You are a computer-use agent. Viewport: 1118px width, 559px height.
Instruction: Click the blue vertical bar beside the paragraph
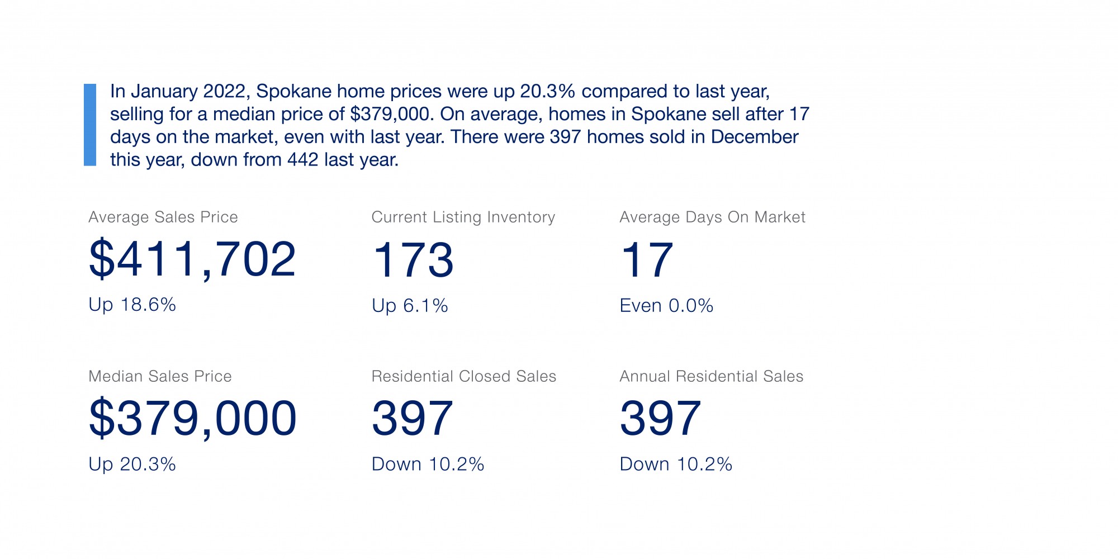pos(90,125)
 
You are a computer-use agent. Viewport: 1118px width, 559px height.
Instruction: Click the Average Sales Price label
pos(163,217)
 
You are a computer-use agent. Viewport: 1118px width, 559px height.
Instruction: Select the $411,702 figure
pos(192,259)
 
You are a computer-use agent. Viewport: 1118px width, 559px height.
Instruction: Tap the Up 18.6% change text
pos(132,305)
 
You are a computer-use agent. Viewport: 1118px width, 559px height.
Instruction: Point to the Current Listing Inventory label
pos(463,217)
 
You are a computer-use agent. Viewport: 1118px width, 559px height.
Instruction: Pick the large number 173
pos(413,260)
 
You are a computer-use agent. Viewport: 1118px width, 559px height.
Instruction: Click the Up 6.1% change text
pos(410,306)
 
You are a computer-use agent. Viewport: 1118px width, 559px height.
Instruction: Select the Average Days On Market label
pos(712,217)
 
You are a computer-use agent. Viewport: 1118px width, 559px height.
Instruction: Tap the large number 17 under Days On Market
pos(647,260)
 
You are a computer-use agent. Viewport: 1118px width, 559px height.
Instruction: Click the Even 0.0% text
pos(666,306)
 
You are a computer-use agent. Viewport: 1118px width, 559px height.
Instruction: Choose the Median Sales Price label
pos(160,376)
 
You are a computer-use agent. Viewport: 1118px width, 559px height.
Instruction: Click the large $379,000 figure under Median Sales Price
pos(192,418)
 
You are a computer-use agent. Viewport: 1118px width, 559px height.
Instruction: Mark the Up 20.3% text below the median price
pos(132,464)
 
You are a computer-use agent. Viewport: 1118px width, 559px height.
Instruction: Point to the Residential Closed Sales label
pos(464,376)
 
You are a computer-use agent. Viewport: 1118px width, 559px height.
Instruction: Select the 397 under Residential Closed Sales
pos(413,418)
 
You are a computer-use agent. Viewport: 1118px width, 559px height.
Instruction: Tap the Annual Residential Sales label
pos(711,376)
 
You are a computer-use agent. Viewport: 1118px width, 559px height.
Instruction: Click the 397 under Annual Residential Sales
pos(660,418)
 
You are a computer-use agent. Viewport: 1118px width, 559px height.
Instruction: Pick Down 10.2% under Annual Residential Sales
pos(676,464)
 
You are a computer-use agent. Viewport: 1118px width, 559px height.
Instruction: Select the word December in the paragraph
pos(755,137)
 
